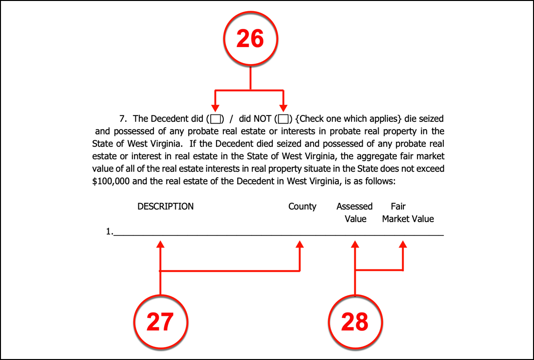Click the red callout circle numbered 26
click(250, 39)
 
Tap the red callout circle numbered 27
click(160, 321)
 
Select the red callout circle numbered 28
click(355, 321)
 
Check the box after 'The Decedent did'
click(215, 119)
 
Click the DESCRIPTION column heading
click(166, 207)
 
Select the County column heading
click(302, 207)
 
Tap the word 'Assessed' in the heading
click(354, 207)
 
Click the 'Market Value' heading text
click(408, 219)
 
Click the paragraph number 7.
click(122, 119)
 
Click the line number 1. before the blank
click(109, 232)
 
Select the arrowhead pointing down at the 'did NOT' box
click(284, 108)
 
